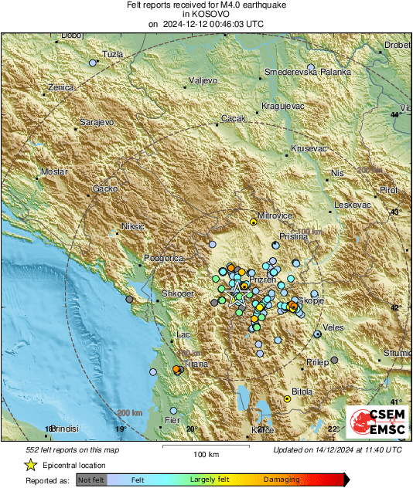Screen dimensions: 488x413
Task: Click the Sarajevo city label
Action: click(x=98, y=122)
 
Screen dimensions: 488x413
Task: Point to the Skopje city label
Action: click(x=311, y=300)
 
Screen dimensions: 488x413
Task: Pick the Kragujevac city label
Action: click(x=284, y=104)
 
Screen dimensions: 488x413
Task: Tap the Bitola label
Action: click(x=302, y=391)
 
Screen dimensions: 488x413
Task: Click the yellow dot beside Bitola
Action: click(x=287, y=399)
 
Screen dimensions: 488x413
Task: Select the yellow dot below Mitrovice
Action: click(x=254, y=222)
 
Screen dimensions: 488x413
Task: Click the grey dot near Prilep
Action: click(x=334, y=360)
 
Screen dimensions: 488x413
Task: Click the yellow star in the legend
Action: click(x=30, y=465)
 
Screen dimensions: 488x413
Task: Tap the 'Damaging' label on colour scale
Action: click(x=282, y=480)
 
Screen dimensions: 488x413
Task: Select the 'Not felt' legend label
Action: click(x=91, y=480)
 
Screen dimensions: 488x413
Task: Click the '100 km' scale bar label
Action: click(x=206, y=454)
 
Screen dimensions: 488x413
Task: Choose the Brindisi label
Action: click(x=66, y=428)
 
